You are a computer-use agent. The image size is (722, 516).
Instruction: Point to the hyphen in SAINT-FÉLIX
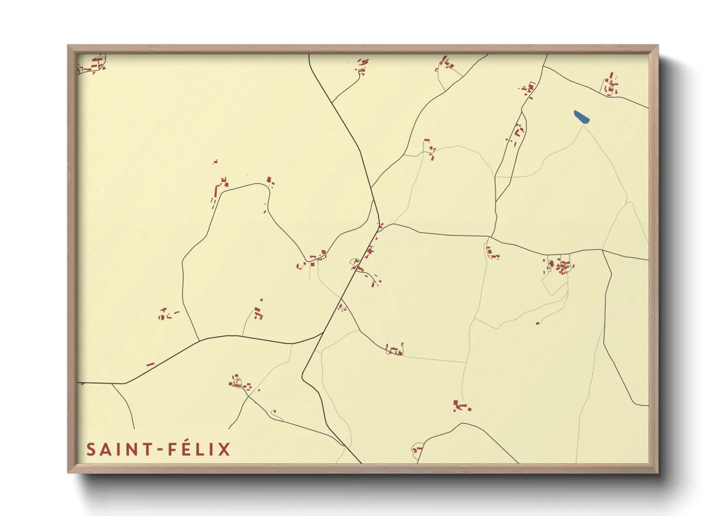[x=160, y=450]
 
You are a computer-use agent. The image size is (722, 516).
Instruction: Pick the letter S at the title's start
[x=91, y=449]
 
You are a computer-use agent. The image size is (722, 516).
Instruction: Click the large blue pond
[x=582, y=117]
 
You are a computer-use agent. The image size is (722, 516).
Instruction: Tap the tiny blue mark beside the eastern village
[x=544, y=272]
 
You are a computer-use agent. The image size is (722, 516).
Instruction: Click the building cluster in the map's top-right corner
[x=610, y=85]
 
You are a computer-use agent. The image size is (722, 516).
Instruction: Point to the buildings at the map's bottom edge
[x=417, y=449]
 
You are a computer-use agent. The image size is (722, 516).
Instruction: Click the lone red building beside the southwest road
[x=150, y=364]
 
